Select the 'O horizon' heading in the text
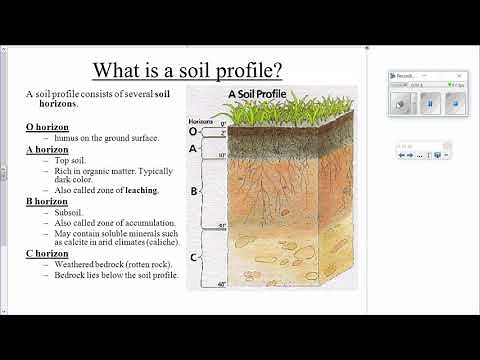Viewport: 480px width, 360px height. [46, 127]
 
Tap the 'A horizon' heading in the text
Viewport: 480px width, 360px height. [46, 149]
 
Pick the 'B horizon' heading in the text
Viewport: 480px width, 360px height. [46, 201]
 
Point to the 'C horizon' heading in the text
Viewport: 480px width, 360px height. [46, 253]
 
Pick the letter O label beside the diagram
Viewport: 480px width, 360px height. [193, 130]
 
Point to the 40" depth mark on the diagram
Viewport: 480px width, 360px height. [222, 286]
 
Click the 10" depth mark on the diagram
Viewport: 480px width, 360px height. [222, 156]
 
